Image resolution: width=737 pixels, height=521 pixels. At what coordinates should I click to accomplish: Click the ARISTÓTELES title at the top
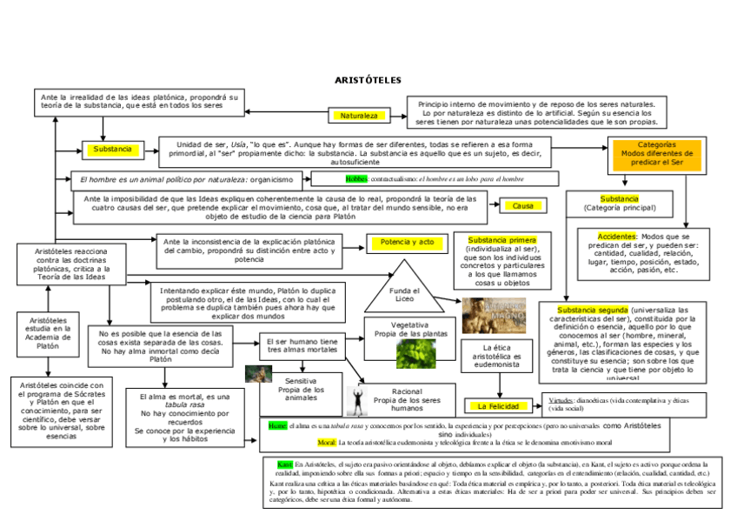coord(368,80)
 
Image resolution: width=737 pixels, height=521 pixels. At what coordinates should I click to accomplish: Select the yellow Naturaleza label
coord(358,116)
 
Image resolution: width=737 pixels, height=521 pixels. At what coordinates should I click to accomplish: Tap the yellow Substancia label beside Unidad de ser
coord(111,150)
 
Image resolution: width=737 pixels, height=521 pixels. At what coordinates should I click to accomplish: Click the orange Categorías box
coord(656,153)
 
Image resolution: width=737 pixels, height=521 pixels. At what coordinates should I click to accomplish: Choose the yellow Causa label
coord(522,206)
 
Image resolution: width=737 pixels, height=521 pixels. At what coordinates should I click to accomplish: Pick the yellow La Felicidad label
coord(497,406)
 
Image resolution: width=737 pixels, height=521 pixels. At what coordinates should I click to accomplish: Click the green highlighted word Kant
coord(284,464)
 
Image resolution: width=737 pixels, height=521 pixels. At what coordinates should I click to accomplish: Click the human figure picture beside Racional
coord(355,399)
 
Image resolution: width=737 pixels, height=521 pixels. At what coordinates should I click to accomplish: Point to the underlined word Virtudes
coord(561,399)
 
